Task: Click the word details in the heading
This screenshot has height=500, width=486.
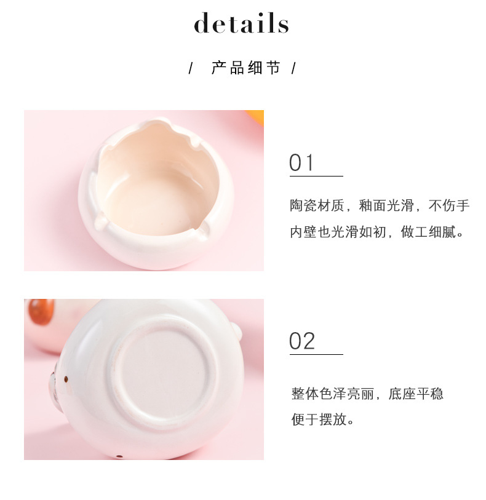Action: coord(241,23)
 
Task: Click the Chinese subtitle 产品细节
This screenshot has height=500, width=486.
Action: coord(246,68)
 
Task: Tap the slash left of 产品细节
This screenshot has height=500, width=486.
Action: coord(191,68)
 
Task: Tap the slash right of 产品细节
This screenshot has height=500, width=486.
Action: coord(293,68)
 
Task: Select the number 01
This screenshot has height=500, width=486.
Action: coord(301,162)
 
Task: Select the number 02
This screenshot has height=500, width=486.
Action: coord(302,341)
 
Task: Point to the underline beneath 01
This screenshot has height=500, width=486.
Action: coord(316,176)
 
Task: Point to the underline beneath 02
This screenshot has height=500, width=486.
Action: coord(316,354)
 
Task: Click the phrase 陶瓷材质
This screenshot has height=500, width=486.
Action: coord(317,205)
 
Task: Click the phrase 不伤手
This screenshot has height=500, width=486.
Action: coord(448,205)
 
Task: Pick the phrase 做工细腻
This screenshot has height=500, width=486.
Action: coord(428,232)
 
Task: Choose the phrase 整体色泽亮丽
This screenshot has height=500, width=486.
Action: coord(333,394)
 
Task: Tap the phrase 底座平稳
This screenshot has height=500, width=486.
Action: coord(416,394)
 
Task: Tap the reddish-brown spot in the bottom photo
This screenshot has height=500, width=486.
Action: coord(41,312)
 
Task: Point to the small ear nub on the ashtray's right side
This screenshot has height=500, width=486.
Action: coord(236,331)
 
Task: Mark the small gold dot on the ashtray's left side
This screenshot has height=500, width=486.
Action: coord(66,379)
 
